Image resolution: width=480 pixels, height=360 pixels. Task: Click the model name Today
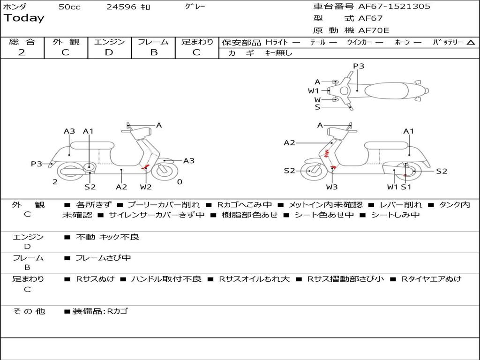pyautogui.click(x=24, y=18)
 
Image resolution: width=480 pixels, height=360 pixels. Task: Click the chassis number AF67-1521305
pyautogui.click(x=394, y=7)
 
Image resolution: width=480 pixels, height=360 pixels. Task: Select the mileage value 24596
pyautogui.click(x=121, y=7)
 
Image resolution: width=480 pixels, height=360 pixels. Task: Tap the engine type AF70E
pyautogui.click(x=374, y=31)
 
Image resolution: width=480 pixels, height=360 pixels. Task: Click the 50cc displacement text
pyautogui.click(x=69, y=7)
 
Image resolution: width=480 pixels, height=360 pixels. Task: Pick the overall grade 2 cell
pyautogui.click(x=22, y=52)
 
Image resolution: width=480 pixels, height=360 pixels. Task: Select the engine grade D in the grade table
pyautogui.click(x=109, y=52)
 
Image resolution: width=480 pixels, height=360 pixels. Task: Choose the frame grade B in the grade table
pyautogui.click(x=153, y=52)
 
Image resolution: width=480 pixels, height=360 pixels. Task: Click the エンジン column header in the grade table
pyautogui.click(x=109, y=42)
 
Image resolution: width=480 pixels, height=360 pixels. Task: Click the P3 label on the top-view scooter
pyautogui.click(x=359, y=66)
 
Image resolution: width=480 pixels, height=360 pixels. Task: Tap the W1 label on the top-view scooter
pyautogui.click(x=313, y=90)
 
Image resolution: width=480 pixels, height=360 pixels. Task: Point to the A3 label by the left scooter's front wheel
pyautogui.click(x=189, y=161)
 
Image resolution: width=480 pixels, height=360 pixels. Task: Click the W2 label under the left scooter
pyautogui.click(x=146, y=187)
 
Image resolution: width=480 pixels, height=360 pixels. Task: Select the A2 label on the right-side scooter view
pyautogui.click(x=290, y=143)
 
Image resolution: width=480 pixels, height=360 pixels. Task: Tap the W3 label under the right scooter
pyautogui.click(x=332, y=187)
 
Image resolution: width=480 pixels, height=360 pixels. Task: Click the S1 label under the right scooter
pyautogui.click(x=406, y=187)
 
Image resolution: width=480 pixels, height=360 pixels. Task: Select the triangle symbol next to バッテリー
pyautogui.click(x=471, y=43)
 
